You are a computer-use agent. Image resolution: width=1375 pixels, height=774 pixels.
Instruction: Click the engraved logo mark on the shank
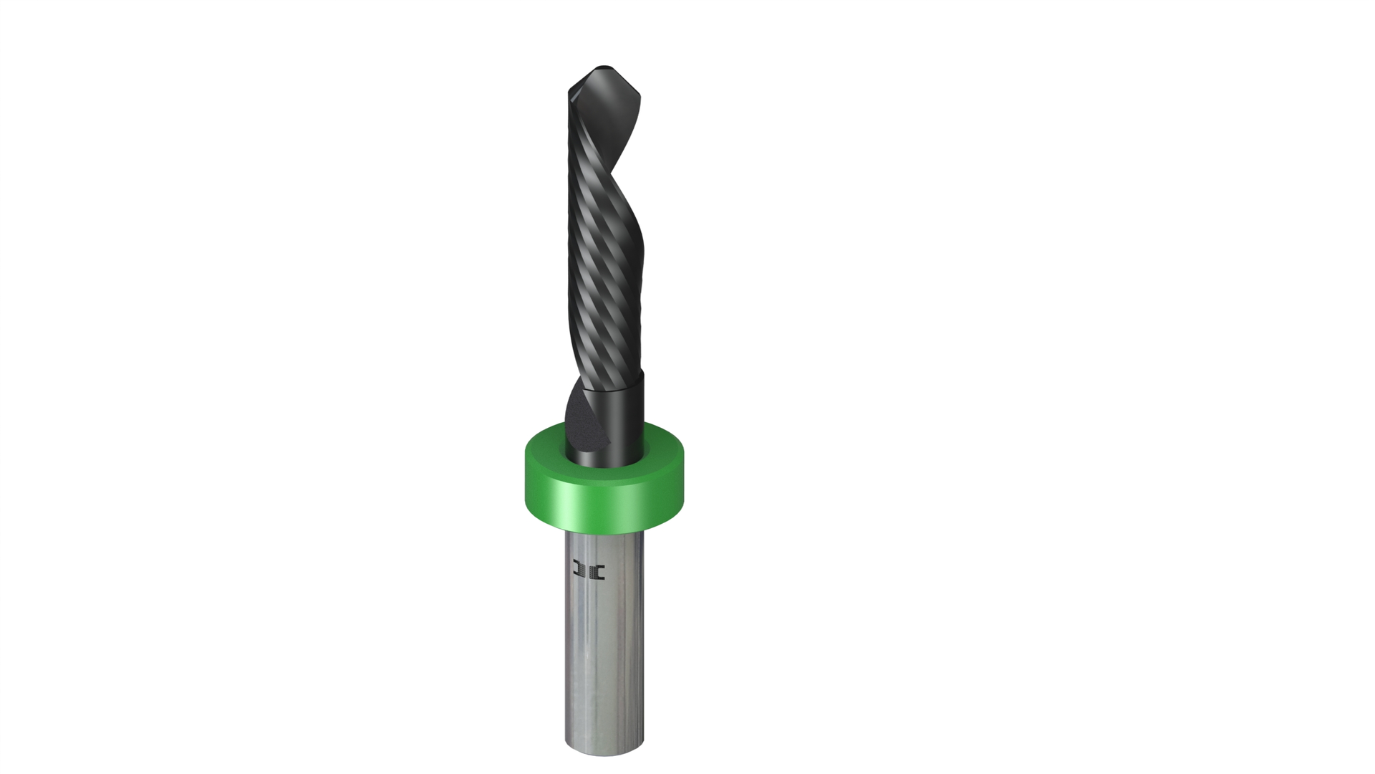tap(589, 571)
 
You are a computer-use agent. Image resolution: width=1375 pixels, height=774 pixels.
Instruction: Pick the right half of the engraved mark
tap(598, 571)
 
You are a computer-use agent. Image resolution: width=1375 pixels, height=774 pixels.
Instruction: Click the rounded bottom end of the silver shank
tap(604, 749)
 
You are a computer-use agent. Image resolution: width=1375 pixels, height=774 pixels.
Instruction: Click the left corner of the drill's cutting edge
tap(571, 91)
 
